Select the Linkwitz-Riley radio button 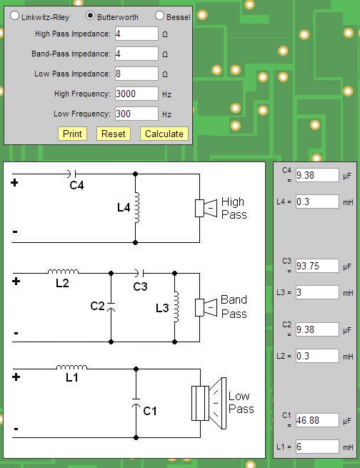pos(14,16)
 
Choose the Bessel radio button pos(159,16)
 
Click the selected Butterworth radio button pos(91,16)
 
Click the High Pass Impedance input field pos(136,34)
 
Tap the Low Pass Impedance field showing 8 pos(136,74)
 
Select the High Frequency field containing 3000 pos(136,94)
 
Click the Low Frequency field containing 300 pos(136,114)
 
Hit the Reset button pos(114,134)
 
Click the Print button pos(72,134)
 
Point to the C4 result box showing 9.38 pos(317,175)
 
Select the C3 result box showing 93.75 pos(317,266)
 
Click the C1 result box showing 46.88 pos(317,420)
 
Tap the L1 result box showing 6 pos(317,447)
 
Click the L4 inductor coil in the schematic pos(137,208)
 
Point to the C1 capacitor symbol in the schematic pos(136,402)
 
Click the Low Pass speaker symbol pos(209,403)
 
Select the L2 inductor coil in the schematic pos(64,272)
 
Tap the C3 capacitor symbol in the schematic pos(139,273)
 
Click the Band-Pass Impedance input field pos(136,54)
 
